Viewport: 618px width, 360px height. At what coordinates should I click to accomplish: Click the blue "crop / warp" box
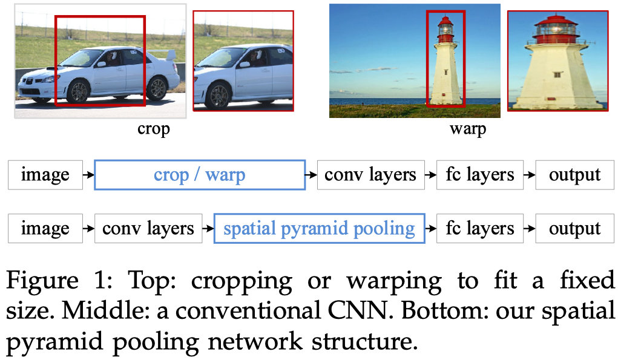point(200,175)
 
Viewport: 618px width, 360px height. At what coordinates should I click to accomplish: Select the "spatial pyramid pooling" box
point(319,229)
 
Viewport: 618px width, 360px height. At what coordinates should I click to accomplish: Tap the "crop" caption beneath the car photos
point(153,128)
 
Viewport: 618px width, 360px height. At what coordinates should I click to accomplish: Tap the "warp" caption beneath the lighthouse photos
point(467,128)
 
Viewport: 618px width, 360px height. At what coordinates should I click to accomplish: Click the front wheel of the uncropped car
point(77,91)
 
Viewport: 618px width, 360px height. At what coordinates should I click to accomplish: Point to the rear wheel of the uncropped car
point(157,88)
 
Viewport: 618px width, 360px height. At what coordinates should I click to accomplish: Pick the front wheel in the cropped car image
point(217,96)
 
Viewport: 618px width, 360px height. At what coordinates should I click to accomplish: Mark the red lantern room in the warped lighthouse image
point(557,30)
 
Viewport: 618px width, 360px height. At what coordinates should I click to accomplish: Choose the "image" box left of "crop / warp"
point(45,175)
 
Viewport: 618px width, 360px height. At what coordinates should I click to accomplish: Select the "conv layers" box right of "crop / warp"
point(370,175)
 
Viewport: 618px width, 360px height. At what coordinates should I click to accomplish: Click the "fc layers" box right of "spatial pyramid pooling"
point(479,229)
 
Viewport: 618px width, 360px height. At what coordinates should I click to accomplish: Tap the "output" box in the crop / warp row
point(574,175)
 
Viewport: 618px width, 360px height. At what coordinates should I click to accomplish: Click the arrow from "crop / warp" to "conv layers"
point(311,175)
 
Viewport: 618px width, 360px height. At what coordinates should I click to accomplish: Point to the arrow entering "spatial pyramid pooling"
point(208,229)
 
